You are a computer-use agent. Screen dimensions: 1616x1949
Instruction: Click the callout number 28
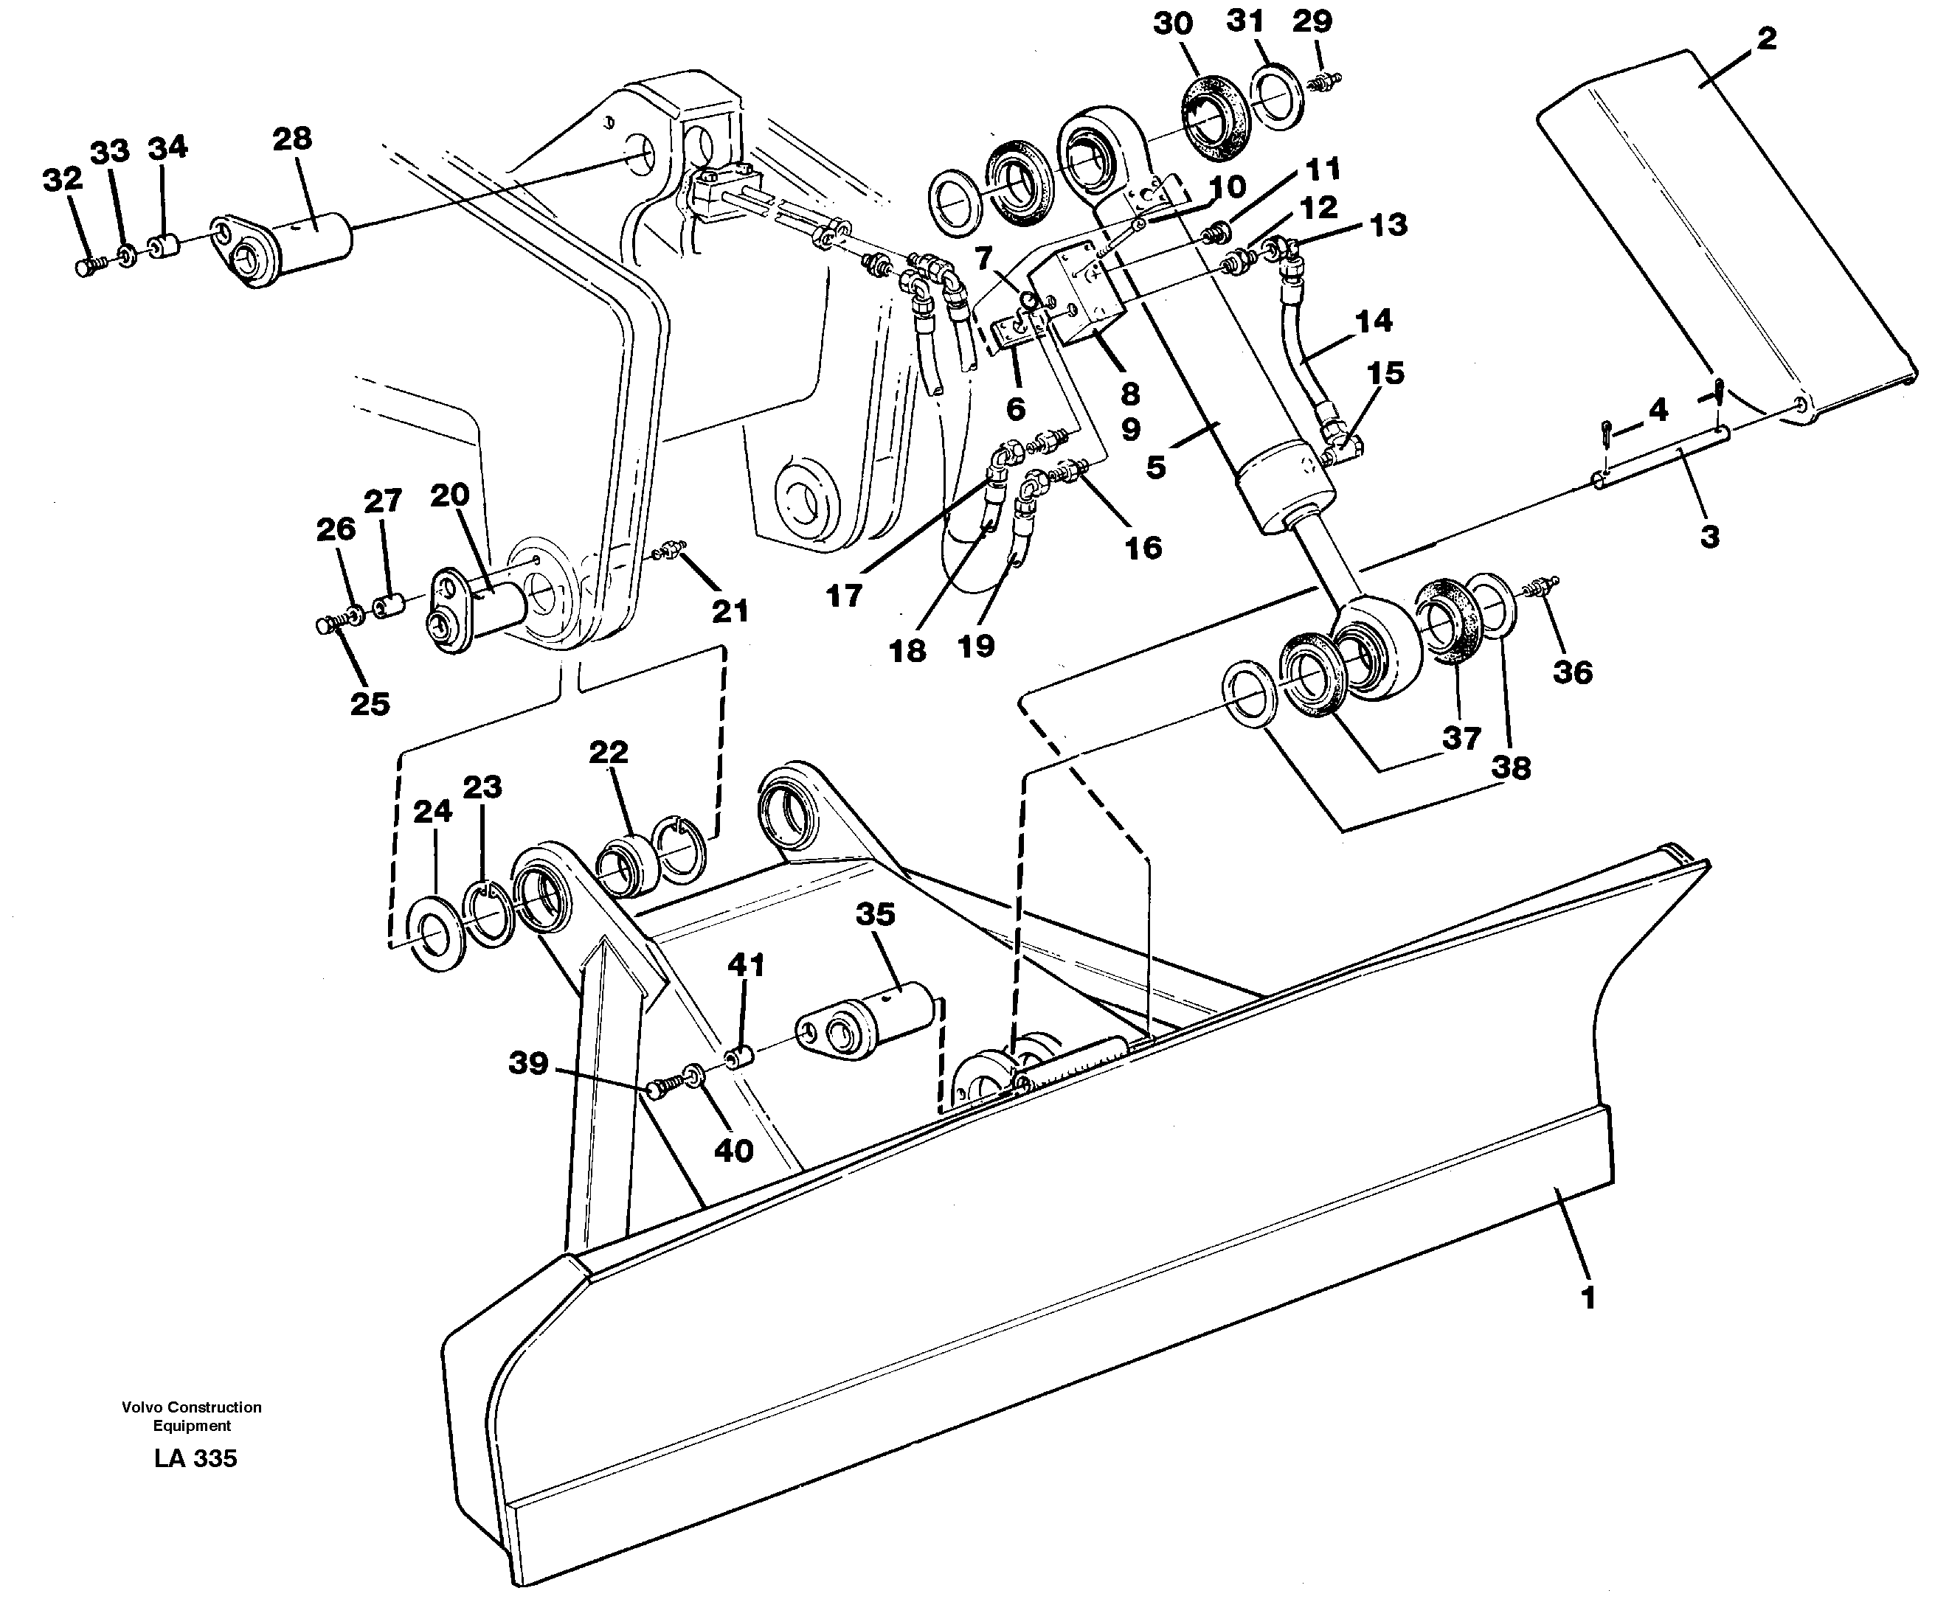[x=291, y=139]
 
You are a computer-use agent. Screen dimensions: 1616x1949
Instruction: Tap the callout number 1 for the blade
[x=1588, y=1298]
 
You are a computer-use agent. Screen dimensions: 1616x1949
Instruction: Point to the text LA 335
[x=195, y=1458]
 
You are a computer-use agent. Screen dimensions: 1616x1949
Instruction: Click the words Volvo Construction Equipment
[x=191, y=1416]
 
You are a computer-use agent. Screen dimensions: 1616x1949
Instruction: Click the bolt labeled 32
[x=86, y=267]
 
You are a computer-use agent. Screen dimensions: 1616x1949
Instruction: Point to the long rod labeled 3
[x=1661, y=456]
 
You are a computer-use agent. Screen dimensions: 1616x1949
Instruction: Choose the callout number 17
[x=844, y=596]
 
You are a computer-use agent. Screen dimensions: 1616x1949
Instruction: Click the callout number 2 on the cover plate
[x=1765, y=39]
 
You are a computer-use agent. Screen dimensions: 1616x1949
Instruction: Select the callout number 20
[x=449, y=495]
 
